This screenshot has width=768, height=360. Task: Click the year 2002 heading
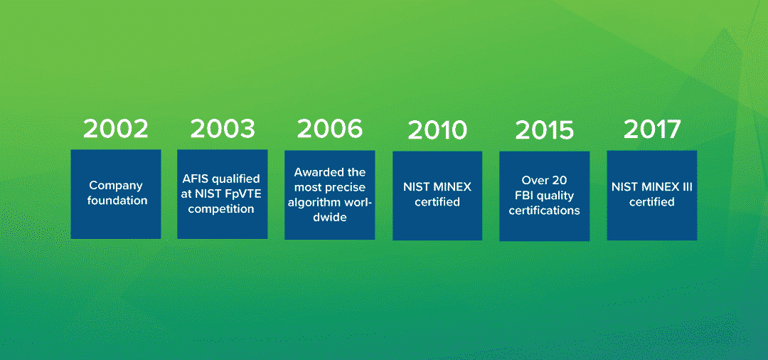[x=116, y=128]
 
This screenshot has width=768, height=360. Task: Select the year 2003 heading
[x=223, y=128]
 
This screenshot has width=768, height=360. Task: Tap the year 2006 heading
[x=330, y=128]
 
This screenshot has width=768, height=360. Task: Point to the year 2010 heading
[x=437, y=130]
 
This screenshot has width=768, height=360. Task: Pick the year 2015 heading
[x=544, y=130]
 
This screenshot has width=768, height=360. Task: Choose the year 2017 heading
[x=652, y=129]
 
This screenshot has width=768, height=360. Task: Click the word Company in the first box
[x=116, y=186]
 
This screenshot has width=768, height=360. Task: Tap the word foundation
[x=117, y=201]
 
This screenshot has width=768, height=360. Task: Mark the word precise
[x=347, y=188]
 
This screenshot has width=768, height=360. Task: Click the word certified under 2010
[x=437, y=202]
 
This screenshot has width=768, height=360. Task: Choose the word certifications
[x=544, y=211]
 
